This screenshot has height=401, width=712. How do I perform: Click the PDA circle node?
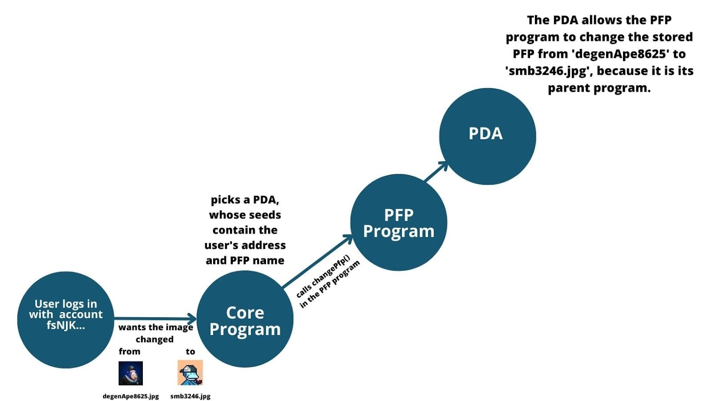point(487,136)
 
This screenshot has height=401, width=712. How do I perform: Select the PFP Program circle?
point(398,223)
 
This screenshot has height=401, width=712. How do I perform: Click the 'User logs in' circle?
point(66,320)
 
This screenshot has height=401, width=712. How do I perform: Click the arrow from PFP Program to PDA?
point(436,171)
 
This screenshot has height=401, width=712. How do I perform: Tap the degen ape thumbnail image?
point(131,373)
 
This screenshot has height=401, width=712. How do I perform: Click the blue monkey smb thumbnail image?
point(190,373)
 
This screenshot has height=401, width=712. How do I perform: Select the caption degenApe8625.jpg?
point(131,396)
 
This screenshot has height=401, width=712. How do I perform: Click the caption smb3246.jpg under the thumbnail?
point(190,396)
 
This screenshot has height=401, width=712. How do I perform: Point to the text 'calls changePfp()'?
point(323,276)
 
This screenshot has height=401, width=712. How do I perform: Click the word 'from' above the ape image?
point(129,352)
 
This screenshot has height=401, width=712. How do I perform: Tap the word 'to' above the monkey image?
point(190,352)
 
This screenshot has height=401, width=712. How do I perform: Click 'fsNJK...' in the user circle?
point(66,325)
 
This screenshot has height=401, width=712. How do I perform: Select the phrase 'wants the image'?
point(156,328)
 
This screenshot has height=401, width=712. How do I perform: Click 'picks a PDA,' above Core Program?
point(245,200)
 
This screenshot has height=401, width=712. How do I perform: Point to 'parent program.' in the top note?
point(599,88)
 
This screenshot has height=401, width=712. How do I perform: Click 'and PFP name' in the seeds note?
point(245,260)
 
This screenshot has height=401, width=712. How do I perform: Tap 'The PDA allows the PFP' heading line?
point(599,20)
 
